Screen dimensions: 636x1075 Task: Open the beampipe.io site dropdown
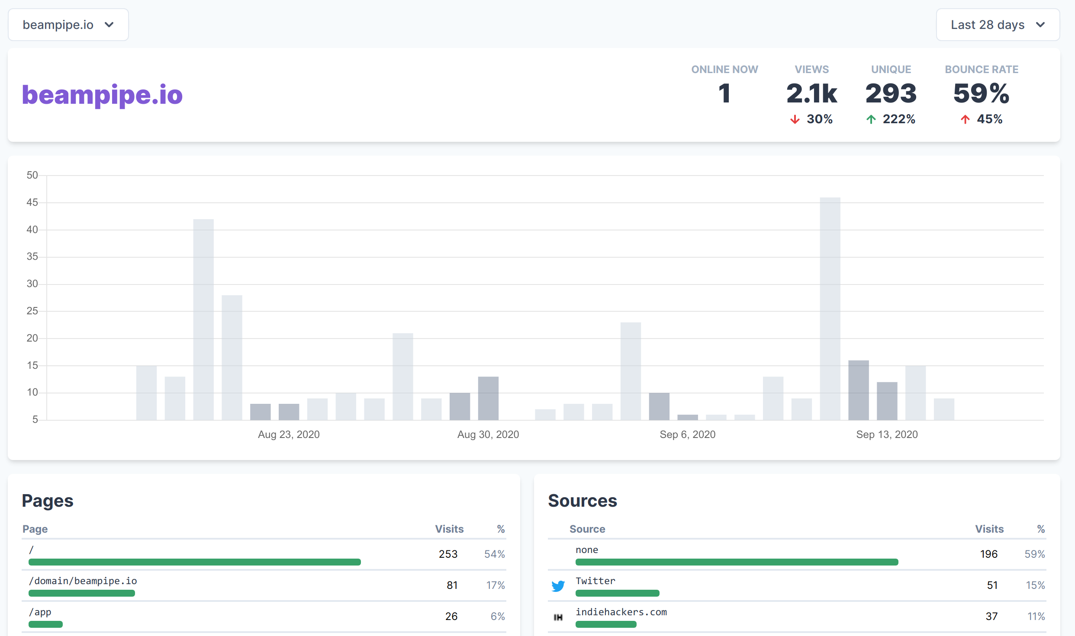click(x=68, y=25)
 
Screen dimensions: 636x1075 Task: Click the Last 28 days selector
click(x=998, y=25)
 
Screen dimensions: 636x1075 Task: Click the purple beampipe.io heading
click(x=102, y=95)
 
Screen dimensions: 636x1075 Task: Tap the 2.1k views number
click(x=811, y=93)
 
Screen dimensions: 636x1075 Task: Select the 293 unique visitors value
click(x=891, y=93)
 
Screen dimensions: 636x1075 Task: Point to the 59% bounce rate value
click(x=981, y=93)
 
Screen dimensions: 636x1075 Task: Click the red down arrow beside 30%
click(x=795, y=119)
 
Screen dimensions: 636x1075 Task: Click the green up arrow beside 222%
click(x=871, y=119)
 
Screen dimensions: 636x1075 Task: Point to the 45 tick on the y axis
click(x=32, y=202)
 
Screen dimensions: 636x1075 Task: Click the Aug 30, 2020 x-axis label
click(x=488, y=435)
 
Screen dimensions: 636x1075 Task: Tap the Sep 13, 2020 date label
click(x=887, y=435)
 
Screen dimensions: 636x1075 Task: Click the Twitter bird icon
click(x=558, y=586)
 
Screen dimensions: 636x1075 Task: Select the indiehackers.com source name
click(x=621, y=612)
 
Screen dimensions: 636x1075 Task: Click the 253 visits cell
click(x=448, y=554)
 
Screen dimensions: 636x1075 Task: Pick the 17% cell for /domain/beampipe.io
click(x=495, y=585)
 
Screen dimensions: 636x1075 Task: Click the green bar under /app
click(x=45, y=624)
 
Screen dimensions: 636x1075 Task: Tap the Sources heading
click(x=582, y=501)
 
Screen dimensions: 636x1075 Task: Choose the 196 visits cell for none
click(x=988, y=554)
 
